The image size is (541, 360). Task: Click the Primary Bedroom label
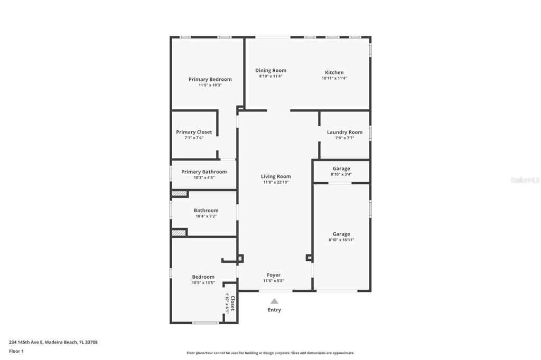(210, 79)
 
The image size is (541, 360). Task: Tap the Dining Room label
(270, 70)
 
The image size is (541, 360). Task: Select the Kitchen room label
(334, 72)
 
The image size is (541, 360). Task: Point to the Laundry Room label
(344, 132)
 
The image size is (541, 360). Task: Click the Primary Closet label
(194, 132)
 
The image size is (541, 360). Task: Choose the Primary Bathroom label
(204, 172)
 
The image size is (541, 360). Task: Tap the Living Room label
(276, 176)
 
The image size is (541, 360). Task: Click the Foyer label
(274, 275)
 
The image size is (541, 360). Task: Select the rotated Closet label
(232, 304)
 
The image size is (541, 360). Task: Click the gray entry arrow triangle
(274, 301)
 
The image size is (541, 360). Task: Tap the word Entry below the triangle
(274, 310)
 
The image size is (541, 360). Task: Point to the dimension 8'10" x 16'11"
(341, 240)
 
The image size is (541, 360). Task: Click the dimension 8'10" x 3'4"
(341, 174)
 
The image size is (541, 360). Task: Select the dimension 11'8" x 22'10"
(276, 182)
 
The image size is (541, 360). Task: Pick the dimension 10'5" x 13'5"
(203, 282)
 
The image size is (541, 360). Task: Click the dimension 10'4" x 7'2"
(206, 216)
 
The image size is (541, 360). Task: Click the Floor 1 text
(16, 351)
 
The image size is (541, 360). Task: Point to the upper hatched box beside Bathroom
(180, 194)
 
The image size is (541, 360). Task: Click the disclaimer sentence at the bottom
(270, 353)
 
